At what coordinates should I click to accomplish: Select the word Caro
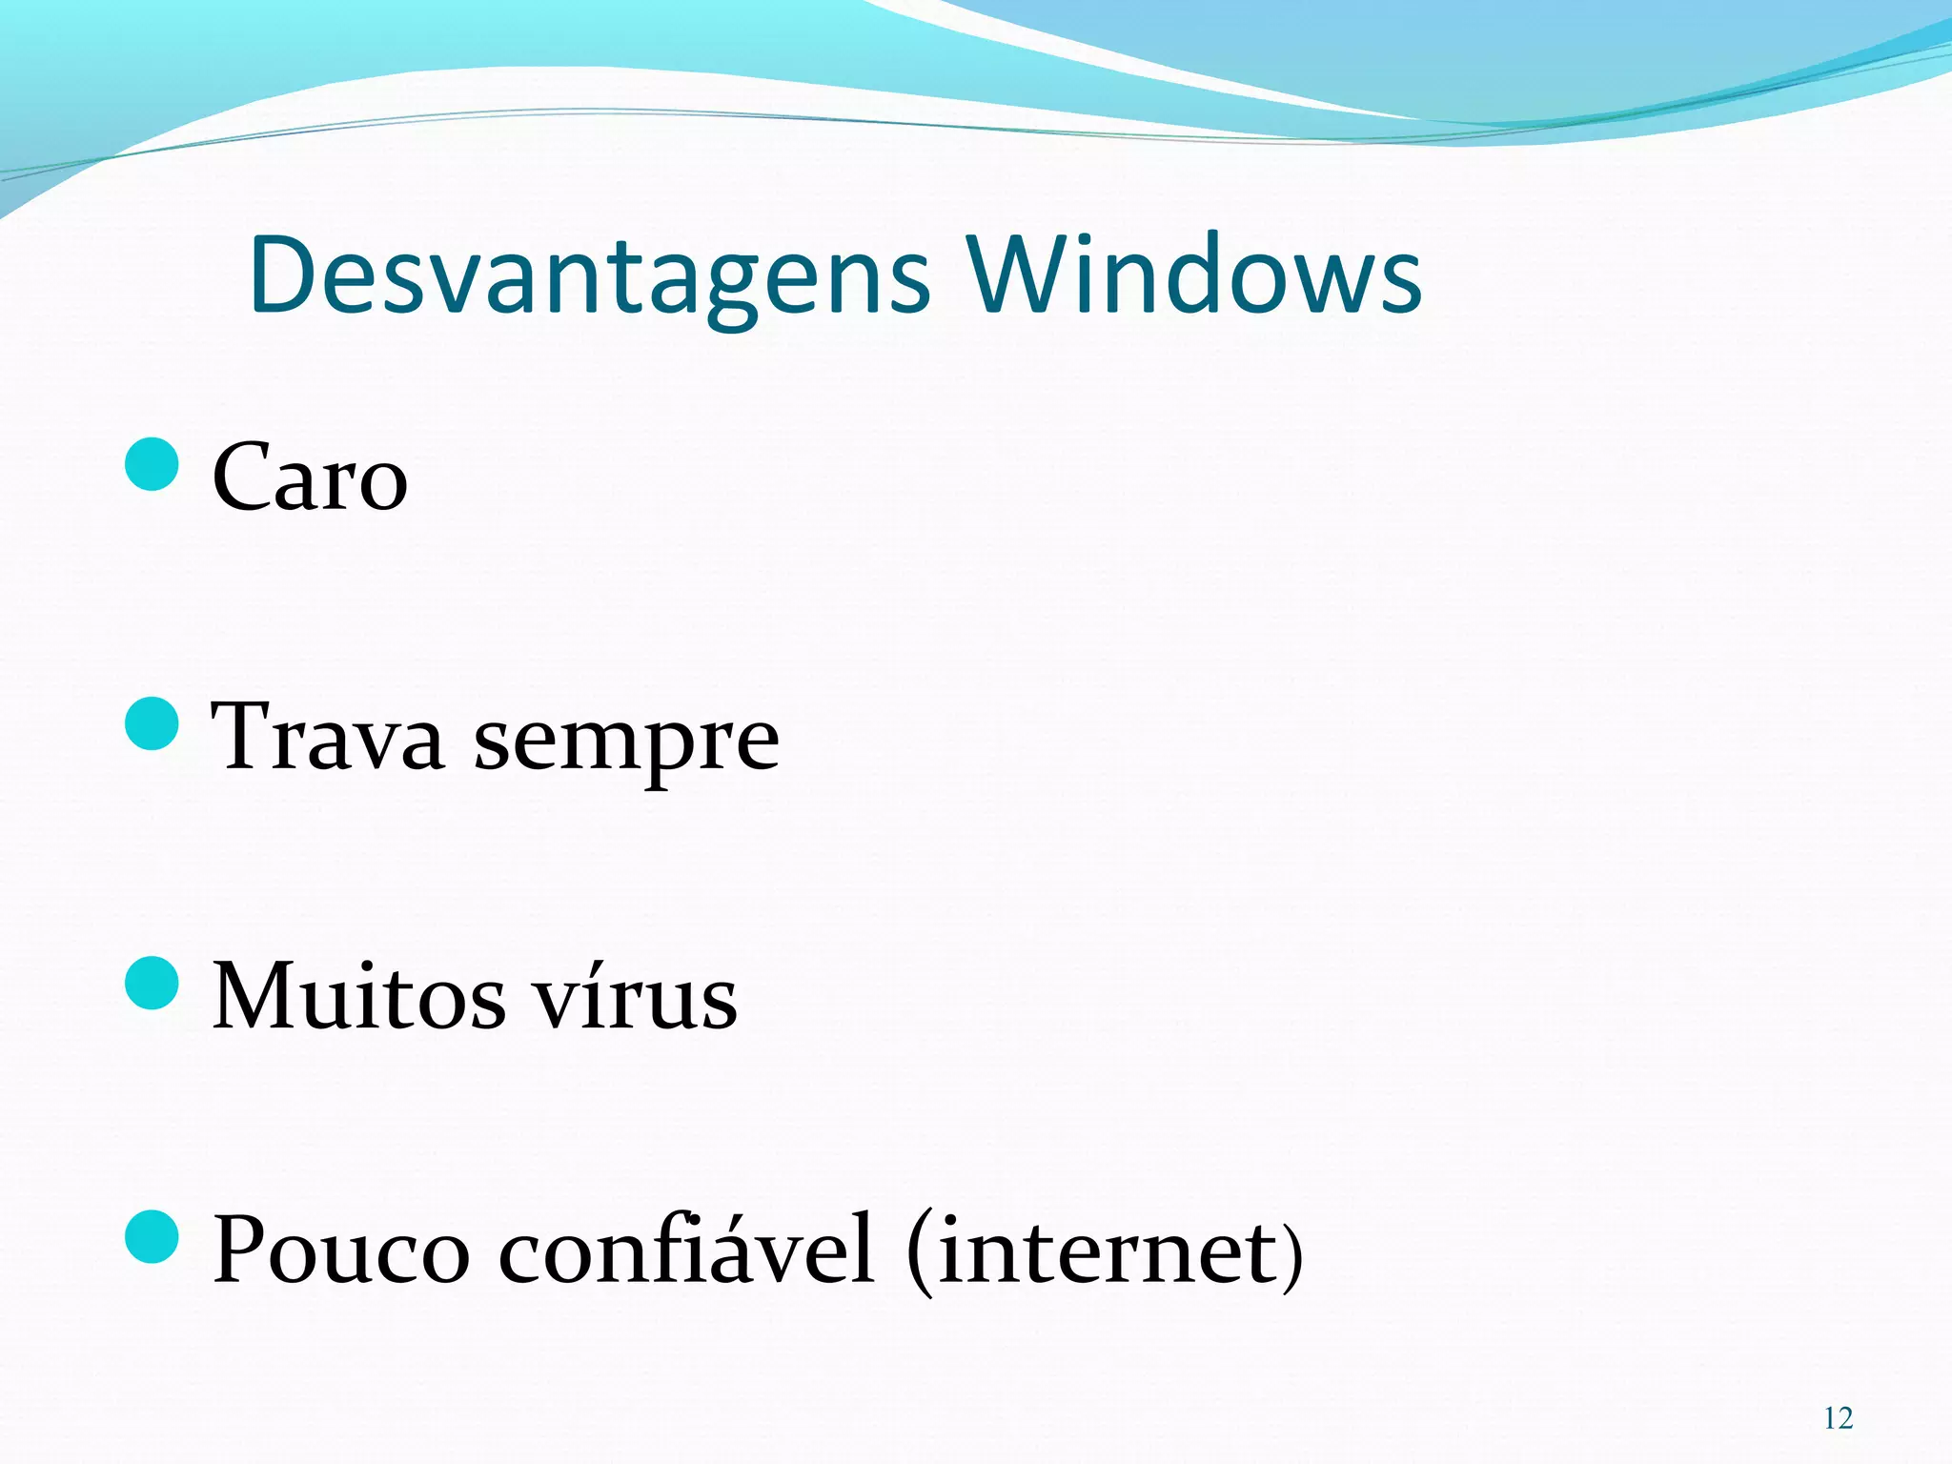coord(310,478)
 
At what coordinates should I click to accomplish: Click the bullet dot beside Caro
coord(152,464)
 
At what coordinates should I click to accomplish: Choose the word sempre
coord(626,743)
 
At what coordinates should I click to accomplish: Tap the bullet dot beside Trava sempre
coord(152,723)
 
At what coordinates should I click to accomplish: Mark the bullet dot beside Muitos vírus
coord(152,984)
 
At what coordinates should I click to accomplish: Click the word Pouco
coord(341,1250)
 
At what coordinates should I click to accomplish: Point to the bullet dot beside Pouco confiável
coord(152,1236)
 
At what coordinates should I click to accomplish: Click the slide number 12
coord(1838,1419)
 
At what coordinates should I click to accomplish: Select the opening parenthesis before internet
coord(920,1252)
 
